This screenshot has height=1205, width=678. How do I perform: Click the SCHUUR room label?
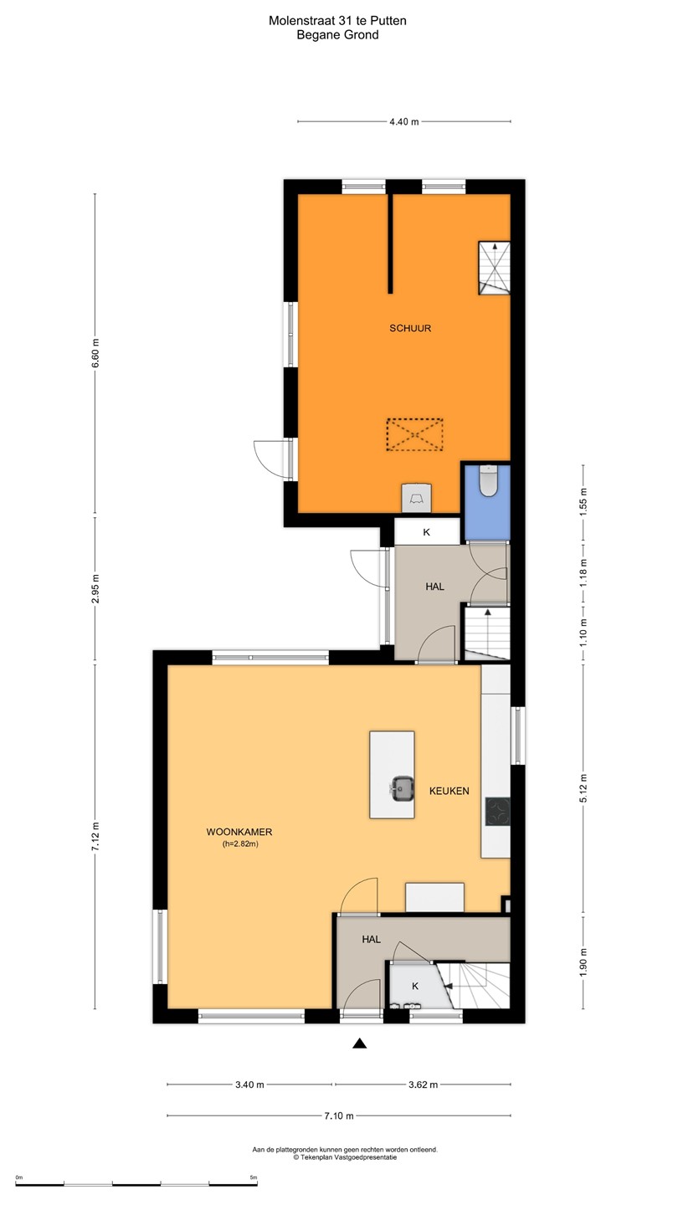[x=410, y=328]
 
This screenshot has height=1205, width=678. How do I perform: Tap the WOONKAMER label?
[x=239, y=832]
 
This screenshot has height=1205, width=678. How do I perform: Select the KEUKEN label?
[x=449, y=791]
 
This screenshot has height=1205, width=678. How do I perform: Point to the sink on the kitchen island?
[x=401, y=789]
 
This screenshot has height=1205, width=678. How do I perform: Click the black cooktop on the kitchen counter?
[x=497, y=811]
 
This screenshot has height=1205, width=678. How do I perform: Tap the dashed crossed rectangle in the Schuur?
[x=414, y=434]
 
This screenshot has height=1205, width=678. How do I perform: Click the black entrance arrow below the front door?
[x=359, y=1043]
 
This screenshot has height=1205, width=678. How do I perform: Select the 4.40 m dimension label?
[x=404, y=121]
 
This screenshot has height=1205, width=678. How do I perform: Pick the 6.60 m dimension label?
[x=95, y=353]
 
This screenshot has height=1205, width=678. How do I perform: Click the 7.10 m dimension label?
[x=339, y=1115]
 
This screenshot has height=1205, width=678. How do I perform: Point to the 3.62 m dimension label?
[x=423, y=1084]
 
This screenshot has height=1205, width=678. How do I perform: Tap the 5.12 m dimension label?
[x=583, y=788]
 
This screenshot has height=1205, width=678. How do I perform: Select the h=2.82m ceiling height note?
[x=240, y=844]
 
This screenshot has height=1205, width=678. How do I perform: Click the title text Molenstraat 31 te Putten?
[x=337, y=21]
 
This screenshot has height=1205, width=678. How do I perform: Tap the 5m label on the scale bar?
[x=254, y=1177]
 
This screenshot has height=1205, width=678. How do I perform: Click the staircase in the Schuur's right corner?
[x=494, y=268]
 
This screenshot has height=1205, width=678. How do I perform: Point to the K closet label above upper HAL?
[x=427, y=532]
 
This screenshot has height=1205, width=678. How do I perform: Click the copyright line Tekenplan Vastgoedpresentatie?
[x=345, y=1157]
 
